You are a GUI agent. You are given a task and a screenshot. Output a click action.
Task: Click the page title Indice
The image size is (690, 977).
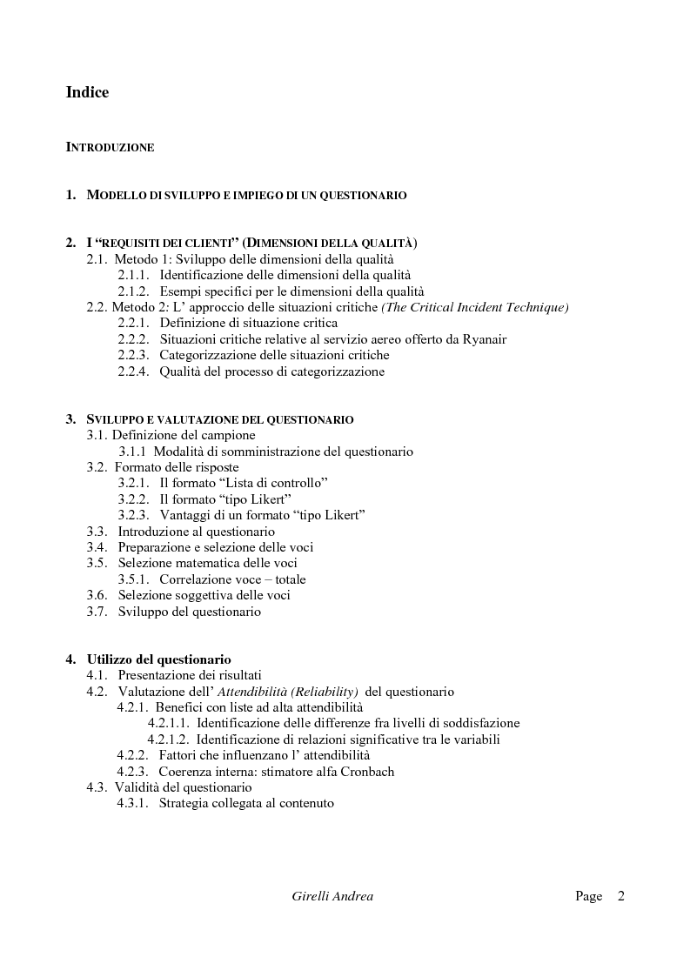click(x=87, y=91)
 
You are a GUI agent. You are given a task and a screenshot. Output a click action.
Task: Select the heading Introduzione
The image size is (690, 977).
click(x=110, y=148)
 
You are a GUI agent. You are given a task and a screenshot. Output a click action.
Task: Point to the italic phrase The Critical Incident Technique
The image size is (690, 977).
click(x=475, y=307)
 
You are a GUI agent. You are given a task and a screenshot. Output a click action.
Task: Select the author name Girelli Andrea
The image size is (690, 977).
click(x=332, y=896)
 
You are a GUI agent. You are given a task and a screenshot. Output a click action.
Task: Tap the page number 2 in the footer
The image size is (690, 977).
click(x=620, y=896)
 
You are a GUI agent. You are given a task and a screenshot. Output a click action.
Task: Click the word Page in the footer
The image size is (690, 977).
click(x=588, y=896)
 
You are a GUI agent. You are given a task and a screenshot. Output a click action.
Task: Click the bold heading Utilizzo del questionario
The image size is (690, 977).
click(x=158, y=659)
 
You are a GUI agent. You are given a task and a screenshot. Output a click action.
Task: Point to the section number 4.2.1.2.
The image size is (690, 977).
click(x=168, y=739)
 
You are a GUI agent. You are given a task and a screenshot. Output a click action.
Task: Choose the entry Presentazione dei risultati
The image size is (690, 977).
click(x=190, y=675)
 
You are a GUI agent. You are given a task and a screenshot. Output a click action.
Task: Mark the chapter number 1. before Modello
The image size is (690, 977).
click(x=71, y=196)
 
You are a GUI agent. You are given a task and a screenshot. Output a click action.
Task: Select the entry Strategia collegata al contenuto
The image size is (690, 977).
click(x=246, y=804)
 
